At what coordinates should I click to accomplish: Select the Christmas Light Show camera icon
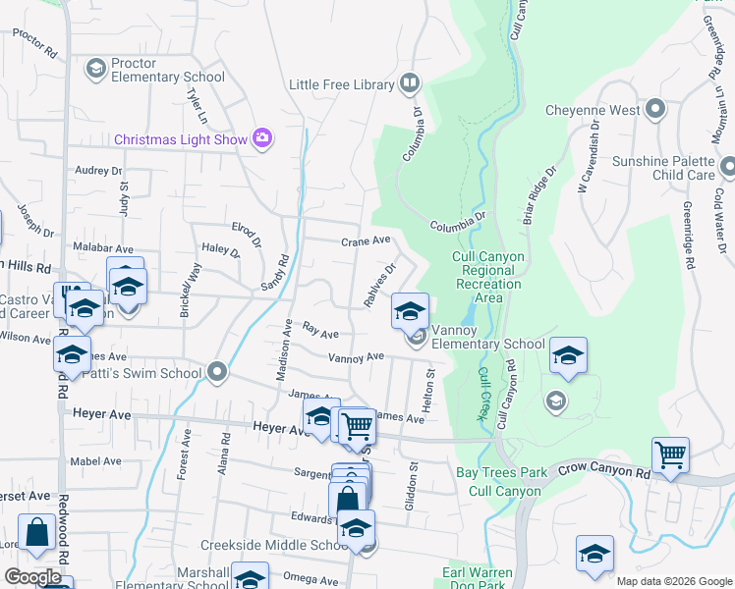(x=262, y=138)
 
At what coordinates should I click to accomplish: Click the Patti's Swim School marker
(x=218, y=372)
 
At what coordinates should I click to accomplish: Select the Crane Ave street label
(x=366, y=241)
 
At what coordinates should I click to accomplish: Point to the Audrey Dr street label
(x=97, y=170)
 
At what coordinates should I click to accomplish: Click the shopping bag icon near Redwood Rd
(x=36, y=533)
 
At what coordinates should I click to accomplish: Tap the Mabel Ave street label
(x=96, y=460)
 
